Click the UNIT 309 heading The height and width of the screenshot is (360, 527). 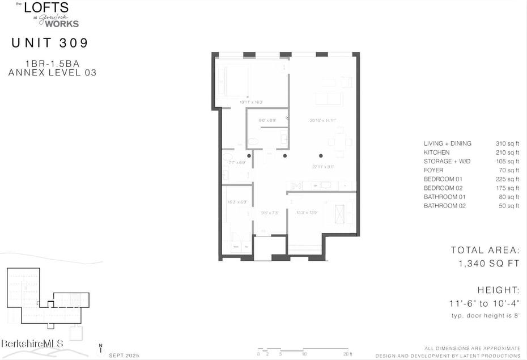50,43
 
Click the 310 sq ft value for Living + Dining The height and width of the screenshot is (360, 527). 507,143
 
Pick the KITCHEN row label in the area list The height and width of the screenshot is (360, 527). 436,153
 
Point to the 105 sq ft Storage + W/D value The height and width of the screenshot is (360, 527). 507,162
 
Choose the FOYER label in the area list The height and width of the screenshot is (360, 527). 433,170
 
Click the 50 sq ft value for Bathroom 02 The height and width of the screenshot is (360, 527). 509,206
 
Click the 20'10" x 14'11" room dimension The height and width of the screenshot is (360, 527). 323,120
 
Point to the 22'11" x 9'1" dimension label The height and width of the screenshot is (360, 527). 322,167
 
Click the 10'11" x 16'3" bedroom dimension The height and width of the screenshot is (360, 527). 251,102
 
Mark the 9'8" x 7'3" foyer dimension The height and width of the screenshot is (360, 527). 269,213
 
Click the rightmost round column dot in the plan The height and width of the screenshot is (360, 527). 321,155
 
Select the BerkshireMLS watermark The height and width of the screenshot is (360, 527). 32,344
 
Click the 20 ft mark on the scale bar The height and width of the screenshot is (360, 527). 347,354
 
